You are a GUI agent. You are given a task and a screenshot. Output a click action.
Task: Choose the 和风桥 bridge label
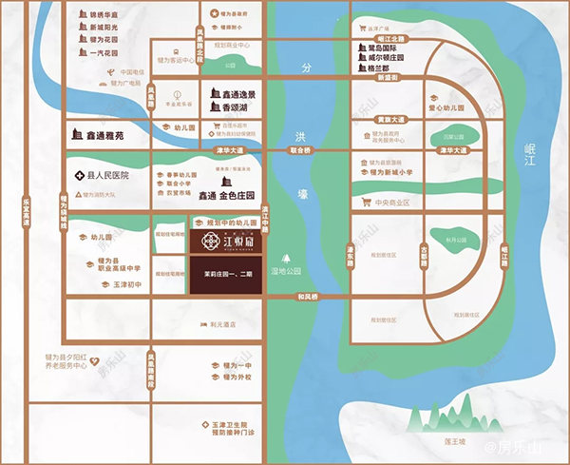click(x=302, y=299)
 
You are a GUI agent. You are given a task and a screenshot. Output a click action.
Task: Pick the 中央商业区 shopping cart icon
click(x=363, y=203)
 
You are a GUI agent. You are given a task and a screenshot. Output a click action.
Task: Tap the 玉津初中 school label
click(x=120, y=284)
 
